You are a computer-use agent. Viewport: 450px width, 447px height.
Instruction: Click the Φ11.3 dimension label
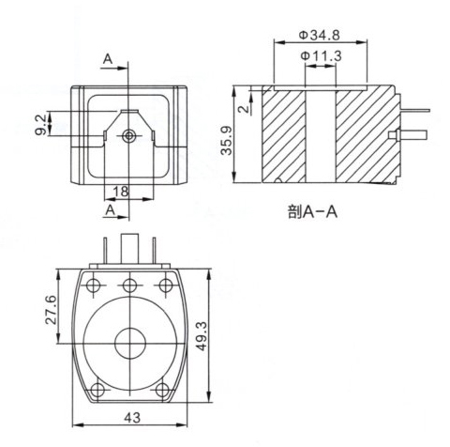coord(322,56)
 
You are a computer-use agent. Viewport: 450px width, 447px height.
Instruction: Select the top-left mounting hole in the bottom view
coord(94,285)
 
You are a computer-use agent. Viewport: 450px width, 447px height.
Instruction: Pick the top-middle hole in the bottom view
coord(130,285)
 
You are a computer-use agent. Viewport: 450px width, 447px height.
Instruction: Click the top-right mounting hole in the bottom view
coord(167,285)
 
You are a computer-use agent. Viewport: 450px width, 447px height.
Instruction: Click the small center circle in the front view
coord(129,136)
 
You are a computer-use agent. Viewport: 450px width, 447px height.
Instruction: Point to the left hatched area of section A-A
coord(286,136)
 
